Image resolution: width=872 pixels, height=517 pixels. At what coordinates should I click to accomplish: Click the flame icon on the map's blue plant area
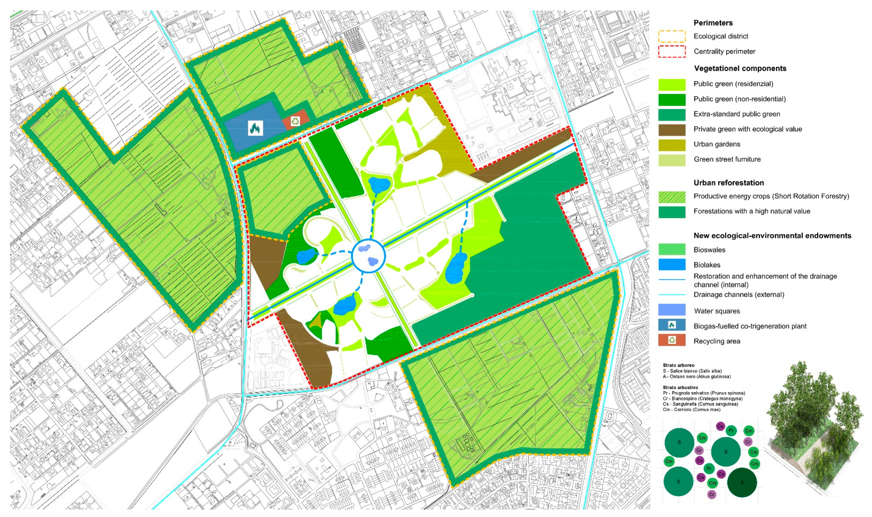coord(255,129)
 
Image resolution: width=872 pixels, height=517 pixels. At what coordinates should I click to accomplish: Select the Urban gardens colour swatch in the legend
coord(671,145)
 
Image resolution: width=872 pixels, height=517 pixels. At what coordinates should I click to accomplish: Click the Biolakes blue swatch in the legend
coord(671,265)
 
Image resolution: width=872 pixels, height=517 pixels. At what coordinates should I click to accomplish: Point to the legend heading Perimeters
coord(713,23)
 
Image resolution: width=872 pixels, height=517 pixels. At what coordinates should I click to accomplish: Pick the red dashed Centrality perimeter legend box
coord(671,52)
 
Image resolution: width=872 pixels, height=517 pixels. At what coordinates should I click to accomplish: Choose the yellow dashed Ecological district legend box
coord(671,36)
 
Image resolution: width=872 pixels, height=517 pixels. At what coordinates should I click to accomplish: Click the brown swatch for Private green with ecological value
coord(671,129)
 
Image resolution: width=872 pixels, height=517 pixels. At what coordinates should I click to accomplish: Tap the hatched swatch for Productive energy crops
coord(671,197)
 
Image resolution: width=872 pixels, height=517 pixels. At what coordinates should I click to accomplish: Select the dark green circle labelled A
coord(742,483)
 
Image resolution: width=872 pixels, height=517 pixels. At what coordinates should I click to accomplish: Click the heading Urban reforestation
coord(729,183)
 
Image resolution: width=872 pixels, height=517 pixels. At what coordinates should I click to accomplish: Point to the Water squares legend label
coord(717,311)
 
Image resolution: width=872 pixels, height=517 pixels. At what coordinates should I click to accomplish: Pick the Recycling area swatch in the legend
coord(671,340)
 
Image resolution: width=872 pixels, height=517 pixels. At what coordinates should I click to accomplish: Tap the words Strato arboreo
coord(678,365)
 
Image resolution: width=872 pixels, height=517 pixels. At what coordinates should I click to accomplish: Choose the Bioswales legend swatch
coord(671,249)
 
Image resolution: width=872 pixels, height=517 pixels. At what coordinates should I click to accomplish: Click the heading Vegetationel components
coord(740,68)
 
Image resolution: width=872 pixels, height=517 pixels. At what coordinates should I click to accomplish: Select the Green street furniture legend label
coord(727,159)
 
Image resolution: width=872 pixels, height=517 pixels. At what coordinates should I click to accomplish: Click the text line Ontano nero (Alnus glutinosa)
coord(696,376)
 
